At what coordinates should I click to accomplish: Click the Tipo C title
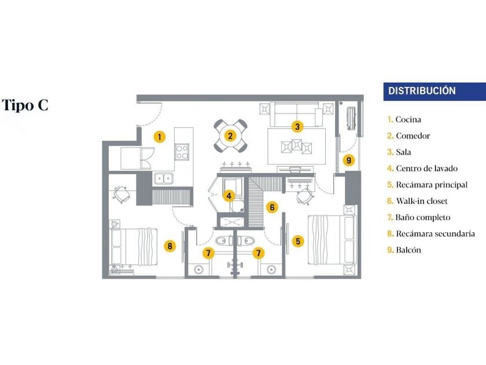point(25,105)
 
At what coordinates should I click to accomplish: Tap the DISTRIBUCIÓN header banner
point(434,91)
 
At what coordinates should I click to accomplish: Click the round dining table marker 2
point(230,136)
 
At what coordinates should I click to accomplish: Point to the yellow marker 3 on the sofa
point(297,126)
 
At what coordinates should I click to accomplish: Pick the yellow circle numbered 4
point(230,196)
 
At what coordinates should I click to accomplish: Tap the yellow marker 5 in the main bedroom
point(297,241)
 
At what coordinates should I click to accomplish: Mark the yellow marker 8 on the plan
point(170,246)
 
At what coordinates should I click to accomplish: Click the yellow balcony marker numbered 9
point(348,160)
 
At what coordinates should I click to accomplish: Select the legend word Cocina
point(408,120)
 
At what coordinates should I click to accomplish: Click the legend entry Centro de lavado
point(426,169)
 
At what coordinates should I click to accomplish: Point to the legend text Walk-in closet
point(422,202)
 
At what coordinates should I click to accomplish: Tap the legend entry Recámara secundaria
point(435,234)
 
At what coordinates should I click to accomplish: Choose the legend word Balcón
point(408,250)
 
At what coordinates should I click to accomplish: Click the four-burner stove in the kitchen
point(183,152)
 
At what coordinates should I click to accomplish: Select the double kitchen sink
point(163,179)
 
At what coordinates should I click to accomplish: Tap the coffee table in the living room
point(296,146)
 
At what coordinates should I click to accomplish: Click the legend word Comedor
point(413,136)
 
